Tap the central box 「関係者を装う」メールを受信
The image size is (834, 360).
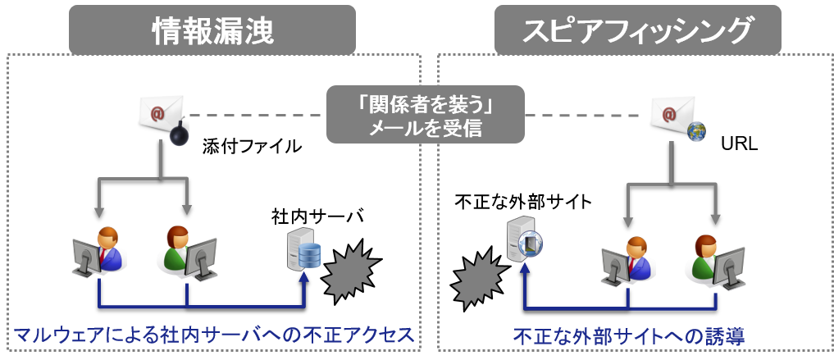[x=426, y=114]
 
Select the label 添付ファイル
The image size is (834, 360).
[x=252, y=146]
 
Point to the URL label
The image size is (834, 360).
[x=740, y=144]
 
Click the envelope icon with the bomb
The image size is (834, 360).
[x=160, y=112]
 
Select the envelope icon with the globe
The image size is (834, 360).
[x=674, y=112]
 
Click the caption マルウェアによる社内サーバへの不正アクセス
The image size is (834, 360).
[x=214, y=335]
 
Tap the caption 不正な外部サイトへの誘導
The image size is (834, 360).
[x=629, y=335]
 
